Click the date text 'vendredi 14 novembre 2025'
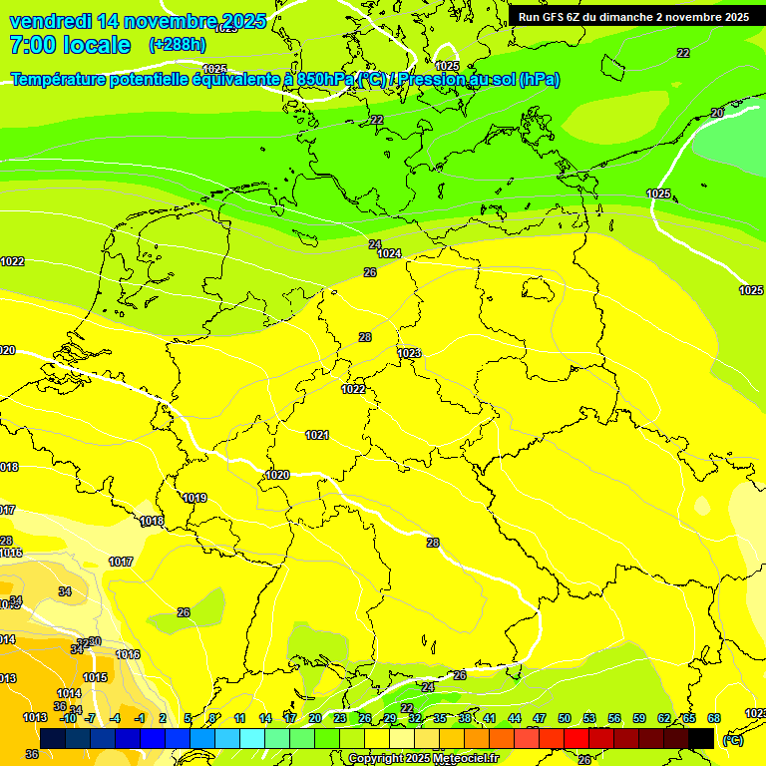pos(138,21)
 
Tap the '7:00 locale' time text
pos(70,45)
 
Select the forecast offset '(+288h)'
pos(179,45)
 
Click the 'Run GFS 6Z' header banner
pos(633,17)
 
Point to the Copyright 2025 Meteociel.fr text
pos(423,758)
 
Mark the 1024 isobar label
pos(389,254)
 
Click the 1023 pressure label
pos(409,353)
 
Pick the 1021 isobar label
pos(317,435)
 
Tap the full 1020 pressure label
pos(277,475)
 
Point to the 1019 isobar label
pos(194,498)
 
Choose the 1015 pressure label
pos(95,678)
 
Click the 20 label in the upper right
pos(716,114)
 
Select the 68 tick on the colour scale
pos(714,718)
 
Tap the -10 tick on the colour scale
pos(68,718)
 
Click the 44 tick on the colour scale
pos(515,718)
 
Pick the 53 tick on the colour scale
pos(589,718)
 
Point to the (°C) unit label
pos(732,740)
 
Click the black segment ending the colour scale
pos(701,738)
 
